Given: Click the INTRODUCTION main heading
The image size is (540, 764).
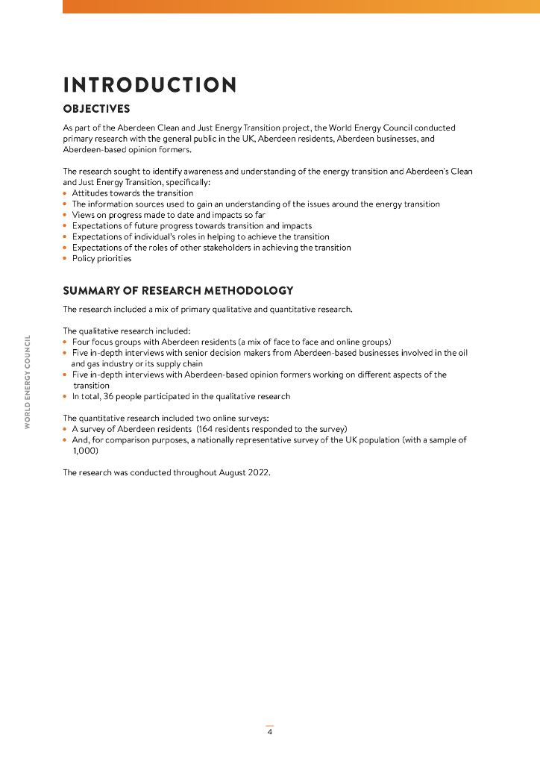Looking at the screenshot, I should (x=150, y=85).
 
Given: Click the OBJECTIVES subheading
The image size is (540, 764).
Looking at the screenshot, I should (x=96, y=109).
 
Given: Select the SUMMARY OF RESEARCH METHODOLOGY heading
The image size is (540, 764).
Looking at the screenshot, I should (x=178, y=291).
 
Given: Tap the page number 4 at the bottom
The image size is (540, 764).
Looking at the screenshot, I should (x=270, y=732).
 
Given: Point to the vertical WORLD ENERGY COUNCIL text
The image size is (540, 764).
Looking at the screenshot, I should (x=28, y=382).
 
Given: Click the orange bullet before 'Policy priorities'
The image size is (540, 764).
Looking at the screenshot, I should (x=66, y=259).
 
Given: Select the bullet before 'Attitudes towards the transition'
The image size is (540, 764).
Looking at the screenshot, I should (x=66, y=193).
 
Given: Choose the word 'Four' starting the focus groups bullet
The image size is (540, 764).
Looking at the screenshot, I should (x=81, y=342).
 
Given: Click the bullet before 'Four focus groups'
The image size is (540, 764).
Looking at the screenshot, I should (x=66, y=342).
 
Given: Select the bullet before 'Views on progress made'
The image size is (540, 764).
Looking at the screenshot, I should (x=66, y=215).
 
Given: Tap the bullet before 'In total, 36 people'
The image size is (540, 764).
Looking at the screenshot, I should (x=66, y=396).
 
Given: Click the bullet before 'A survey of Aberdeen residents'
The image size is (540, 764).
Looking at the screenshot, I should (x=66, y=429).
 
